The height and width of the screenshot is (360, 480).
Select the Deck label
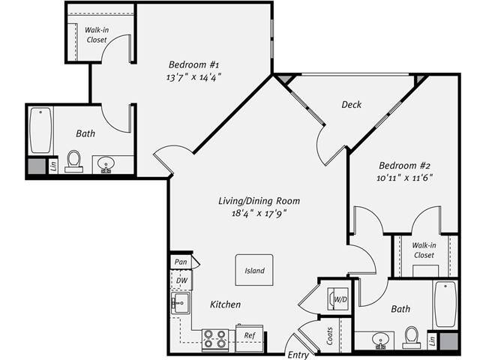351,105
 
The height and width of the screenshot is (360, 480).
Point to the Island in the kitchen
254,271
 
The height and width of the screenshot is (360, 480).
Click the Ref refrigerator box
250,336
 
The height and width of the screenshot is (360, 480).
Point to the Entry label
298,354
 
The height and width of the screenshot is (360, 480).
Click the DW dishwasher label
181,280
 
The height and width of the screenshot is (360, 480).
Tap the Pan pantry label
180,262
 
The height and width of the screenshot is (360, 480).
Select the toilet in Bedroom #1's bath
74,160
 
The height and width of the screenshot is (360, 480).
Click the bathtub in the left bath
40,130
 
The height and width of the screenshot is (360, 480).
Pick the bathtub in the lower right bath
445,304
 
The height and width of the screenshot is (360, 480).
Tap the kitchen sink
180,304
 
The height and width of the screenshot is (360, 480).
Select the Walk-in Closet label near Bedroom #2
424,250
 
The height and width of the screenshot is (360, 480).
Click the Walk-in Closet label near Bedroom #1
97,34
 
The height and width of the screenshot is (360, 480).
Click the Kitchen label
225,304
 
